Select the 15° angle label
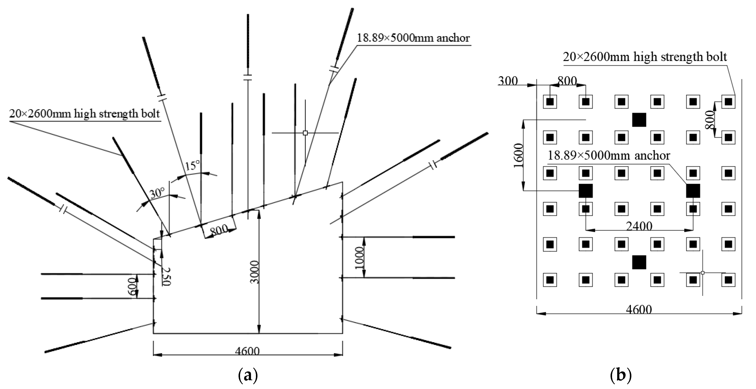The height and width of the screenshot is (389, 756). (192, 165)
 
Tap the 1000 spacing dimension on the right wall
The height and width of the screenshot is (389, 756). (359, 258)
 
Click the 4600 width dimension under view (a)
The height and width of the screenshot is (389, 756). (247, 351)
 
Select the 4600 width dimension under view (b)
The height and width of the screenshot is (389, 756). (639, 309)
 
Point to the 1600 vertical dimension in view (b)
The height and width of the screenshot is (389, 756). (519, 155)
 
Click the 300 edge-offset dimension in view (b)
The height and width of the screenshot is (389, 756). (508, 81)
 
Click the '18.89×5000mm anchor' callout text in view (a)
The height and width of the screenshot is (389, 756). (413, 38)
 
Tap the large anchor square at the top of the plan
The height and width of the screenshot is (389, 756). (639, 120)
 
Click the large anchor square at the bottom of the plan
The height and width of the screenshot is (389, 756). (639, 262)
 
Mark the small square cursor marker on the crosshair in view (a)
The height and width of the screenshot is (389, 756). (305, 133)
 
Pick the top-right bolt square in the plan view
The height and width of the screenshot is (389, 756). (728, 102)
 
